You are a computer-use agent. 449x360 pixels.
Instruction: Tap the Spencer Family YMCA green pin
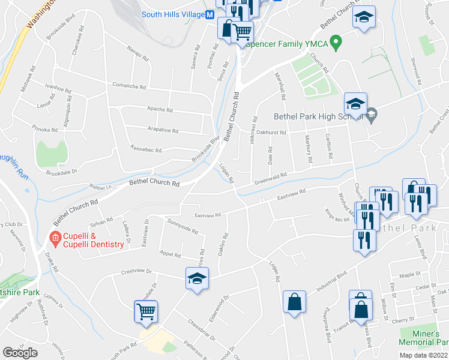pos(336,43)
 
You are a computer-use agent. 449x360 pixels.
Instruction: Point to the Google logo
pos(20,352)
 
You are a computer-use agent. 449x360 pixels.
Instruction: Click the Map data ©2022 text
pos(423,355)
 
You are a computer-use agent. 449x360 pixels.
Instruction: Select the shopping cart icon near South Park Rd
pos(146,311)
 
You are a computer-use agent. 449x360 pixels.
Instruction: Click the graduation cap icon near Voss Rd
pos(196,279)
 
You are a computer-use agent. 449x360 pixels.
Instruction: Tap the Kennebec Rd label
pos(146,148)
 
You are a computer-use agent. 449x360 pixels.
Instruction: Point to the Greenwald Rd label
pos(270,178)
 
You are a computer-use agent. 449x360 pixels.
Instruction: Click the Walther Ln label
pos(100,187)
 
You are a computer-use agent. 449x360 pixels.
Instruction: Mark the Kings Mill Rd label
pos(337,219)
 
